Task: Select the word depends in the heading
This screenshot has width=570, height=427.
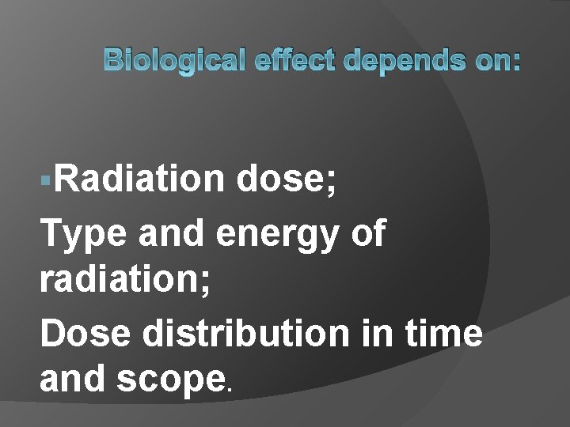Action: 383,60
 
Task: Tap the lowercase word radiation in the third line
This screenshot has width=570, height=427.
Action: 120,285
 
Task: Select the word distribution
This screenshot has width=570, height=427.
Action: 244,334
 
